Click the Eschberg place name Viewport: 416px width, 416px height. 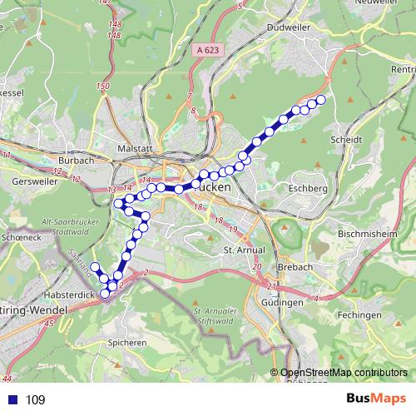tap(305, 190)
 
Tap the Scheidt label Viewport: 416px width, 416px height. tap(349, 140)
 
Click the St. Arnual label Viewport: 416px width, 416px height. tap(244, 250)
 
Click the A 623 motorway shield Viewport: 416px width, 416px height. tap(209, 51)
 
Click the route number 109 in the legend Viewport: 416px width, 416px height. tap(35, 400)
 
